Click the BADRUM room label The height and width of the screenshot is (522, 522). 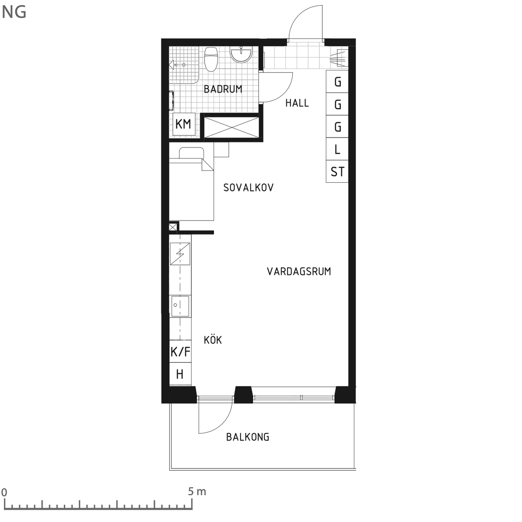coord(223,89)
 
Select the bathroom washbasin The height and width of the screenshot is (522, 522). coord(241,54)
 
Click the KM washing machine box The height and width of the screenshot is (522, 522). coord(184,124)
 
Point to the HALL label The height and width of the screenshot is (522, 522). coord(297,103)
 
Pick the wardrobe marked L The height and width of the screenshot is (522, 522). coord(337,149)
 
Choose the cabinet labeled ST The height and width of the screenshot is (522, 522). coord(337,171)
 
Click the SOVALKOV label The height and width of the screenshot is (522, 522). coord(248,187)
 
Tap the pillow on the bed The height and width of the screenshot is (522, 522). coord(191,153)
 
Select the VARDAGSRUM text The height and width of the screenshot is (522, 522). coord(299,271)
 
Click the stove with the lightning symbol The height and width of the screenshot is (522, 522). coord(180,254)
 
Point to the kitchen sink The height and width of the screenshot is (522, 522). coord(180,306)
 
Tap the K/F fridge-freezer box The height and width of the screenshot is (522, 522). coord(181,351)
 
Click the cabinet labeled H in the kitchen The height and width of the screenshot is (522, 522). coord(181,374)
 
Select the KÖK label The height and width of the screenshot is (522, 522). coord(213,340)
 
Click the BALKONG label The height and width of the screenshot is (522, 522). coord(248,437)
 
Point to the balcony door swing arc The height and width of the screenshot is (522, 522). coord(222,425)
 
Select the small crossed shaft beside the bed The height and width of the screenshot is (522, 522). coord(173,227)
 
